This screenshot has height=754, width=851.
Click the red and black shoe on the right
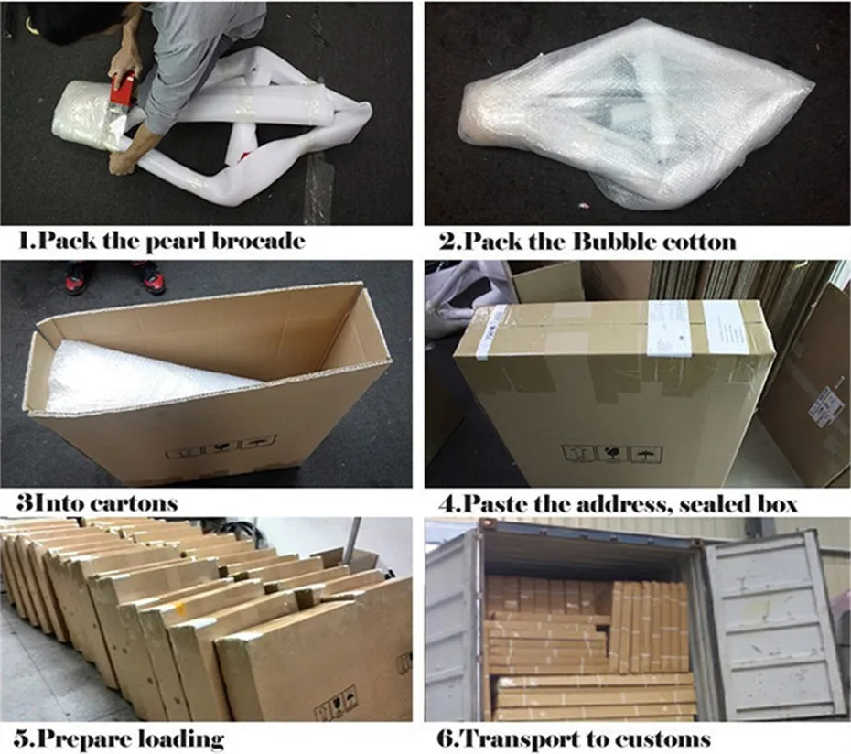point(149,278)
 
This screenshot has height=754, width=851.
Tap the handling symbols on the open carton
point(220,448)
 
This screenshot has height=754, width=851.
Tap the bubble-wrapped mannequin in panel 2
point(631,119)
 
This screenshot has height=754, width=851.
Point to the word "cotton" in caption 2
point(700,242)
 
